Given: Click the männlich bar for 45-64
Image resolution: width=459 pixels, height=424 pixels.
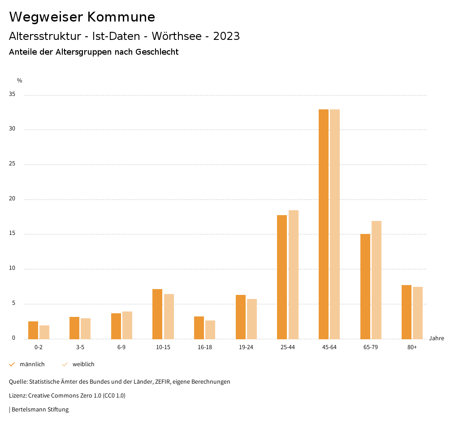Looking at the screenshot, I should (324, 224).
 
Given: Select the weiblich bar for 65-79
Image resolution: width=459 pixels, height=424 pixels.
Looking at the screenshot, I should (377, 280).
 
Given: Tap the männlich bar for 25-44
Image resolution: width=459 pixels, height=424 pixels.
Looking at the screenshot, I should (282, 277).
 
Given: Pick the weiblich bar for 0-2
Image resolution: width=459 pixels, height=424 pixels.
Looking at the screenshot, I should (44, 332).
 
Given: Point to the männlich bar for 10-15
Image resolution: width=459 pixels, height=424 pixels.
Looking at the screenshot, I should (157, 314).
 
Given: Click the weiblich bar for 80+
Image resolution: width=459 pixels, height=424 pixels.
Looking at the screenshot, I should (418, 313).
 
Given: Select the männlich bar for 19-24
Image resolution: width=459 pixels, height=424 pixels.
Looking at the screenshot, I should (241, 317).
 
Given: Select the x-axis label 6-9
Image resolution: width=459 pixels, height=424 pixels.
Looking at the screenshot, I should (121, 347).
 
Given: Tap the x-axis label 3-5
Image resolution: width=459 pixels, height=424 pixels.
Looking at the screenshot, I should (80, 347).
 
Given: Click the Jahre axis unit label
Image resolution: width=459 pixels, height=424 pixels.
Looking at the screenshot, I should (437, 338).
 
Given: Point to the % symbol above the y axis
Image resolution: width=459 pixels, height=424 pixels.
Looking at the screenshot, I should (20, 81).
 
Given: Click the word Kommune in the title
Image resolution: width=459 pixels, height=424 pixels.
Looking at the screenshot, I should (121, 17).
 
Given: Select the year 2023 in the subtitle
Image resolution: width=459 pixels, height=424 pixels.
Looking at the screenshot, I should (226, 36).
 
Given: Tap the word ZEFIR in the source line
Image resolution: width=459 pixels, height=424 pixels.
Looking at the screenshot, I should (161, 382).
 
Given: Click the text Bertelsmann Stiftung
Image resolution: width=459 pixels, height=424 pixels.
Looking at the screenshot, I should (40, 410).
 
